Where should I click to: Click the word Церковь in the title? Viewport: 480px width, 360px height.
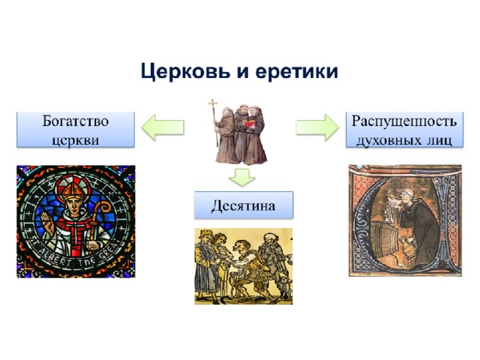point(185,72)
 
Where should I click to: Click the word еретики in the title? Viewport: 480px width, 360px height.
point(296,72)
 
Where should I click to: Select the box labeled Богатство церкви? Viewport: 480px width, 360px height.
point(76,130)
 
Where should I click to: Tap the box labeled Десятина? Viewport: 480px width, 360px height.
point(244,205)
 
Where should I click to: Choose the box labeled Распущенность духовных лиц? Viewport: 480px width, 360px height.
point(404,130)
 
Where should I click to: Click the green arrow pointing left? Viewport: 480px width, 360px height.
point(163,127)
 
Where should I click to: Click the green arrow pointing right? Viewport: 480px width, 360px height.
point(317,127)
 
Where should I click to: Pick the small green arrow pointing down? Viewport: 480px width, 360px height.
point(241,178)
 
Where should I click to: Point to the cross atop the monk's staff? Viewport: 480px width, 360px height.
point(213,103)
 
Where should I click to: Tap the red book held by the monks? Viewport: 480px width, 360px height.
point(249,124)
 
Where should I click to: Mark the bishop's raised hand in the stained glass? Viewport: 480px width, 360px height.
point(46,221)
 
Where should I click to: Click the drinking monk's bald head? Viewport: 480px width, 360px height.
point(409,193)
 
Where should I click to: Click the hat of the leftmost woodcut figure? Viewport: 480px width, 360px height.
point(205,234)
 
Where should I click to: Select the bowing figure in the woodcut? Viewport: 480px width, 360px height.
point(247,266)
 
